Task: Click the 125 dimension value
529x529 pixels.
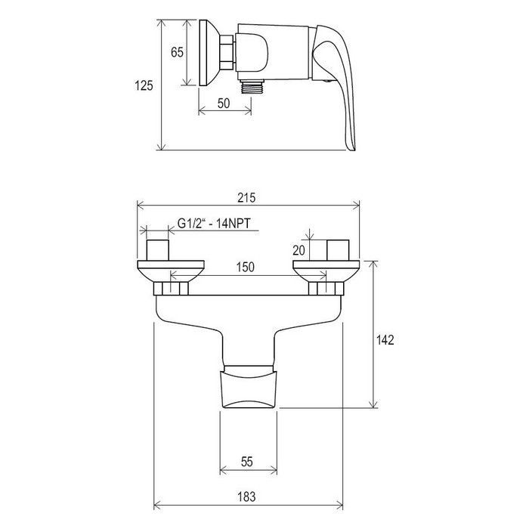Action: [x=144, y=85]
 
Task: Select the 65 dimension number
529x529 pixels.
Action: [x=177, y=52]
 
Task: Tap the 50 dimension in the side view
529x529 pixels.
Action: [x=224, y=104]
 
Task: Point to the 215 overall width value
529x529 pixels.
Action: [x=246, y=197]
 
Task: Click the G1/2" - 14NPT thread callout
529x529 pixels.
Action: [x=214, y=223]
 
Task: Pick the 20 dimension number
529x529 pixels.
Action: [x=299, y=250]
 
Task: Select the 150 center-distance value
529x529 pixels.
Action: [x=246, y=267]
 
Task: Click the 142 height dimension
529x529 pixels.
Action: [x=385, y=340]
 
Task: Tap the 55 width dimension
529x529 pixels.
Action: [x=247, y=462]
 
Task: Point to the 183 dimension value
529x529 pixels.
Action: [x=246, y=497]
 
